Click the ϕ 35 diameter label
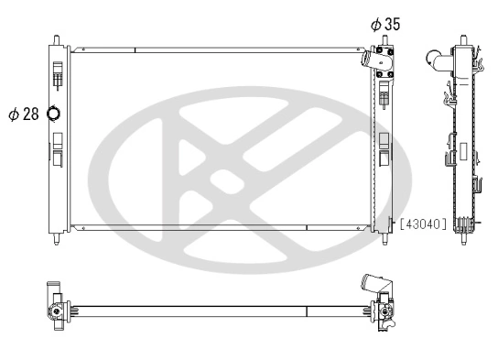pyautogui.click(x=385, y=25)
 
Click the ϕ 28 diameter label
pyautogui.click(x=26, y=114)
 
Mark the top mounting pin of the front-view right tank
pyautogui.click(x=383, y=39)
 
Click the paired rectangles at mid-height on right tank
pyautogui.click(x=384, y=147)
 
